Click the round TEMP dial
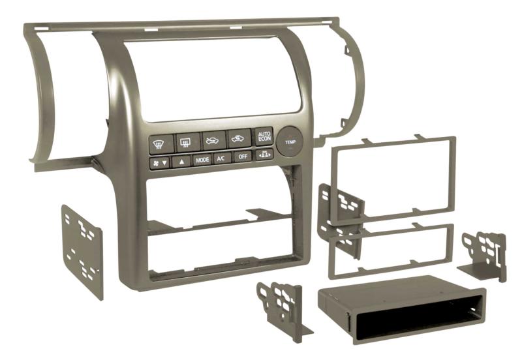coord(290,142)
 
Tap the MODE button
coord(202,160)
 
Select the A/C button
coord(222,158)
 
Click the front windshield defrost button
coord(161,144)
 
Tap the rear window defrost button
coord(188,142)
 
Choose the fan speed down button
coord(160,163)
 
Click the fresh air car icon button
coord(213,140)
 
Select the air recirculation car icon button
coord(239,138)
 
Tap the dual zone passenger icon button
coord(264,155)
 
